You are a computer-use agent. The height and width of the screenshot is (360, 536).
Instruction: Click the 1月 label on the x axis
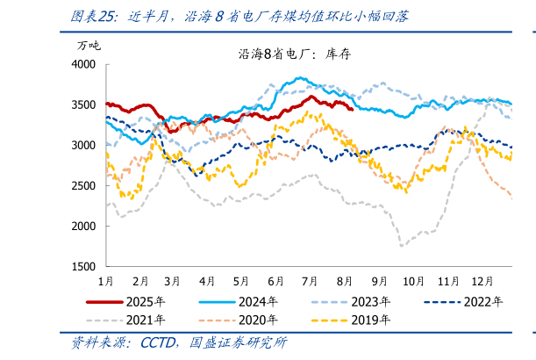click(x=105, y=281)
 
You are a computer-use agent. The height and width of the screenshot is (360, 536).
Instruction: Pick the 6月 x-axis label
click(x=274, y=281)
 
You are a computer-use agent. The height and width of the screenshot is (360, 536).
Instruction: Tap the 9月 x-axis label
click(x=379, y=281)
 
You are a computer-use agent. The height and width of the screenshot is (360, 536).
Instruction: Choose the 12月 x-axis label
click(x=481, y=281)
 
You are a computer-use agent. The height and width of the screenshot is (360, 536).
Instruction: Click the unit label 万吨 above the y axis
click(x=89, y=45)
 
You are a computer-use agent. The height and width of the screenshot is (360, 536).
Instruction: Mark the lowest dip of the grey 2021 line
click(x=402, y=246)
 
